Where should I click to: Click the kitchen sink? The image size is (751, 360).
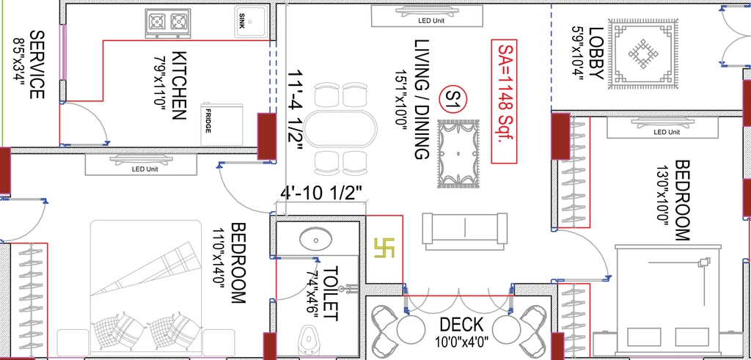click(252, 21)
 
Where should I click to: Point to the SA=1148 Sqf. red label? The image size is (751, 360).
click(504, 101)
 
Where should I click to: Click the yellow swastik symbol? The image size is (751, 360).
click(384, 248)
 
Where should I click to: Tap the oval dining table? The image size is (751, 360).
click(341, 129)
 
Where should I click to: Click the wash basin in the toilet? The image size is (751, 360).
click(316, 238)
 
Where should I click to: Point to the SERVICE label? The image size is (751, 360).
click(37, 65)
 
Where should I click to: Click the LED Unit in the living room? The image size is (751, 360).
click(428, 15)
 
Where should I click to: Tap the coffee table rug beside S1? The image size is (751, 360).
click(458, 154)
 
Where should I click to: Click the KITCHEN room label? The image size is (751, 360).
click(178, 85)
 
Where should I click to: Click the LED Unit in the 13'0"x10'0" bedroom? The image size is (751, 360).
click(662, 128)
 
